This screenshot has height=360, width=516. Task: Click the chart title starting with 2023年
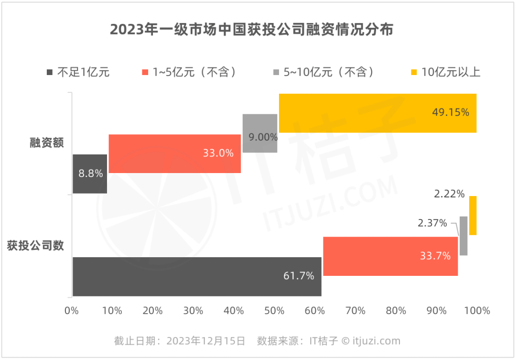(252, 30)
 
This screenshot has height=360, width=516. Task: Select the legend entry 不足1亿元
(78, 73)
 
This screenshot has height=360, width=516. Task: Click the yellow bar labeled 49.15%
(377, 113)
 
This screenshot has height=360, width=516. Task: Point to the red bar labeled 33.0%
(174, 153)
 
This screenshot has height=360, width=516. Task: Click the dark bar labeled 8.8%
(89, 174)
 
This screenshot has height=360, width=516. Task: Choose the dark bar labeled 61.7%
(196, 276)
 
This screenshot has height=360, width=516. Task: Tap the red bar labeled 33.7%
(390, 256)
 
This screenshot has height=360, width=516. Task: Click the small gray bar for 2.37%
(463, 236)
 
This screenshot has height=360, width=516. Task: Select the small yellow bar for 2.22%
(473, 215)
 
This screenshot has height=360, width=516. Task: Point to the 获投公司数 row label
(35, 246)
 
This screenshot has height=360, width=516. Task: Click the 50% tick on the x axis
(274, 311)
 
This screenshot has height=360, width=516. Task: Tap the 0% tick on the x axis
(72, 311)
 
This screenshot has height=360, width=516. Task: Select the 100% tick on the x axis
(476, 311)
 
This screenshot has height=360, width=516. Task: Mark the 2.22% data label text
(449, 194)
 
